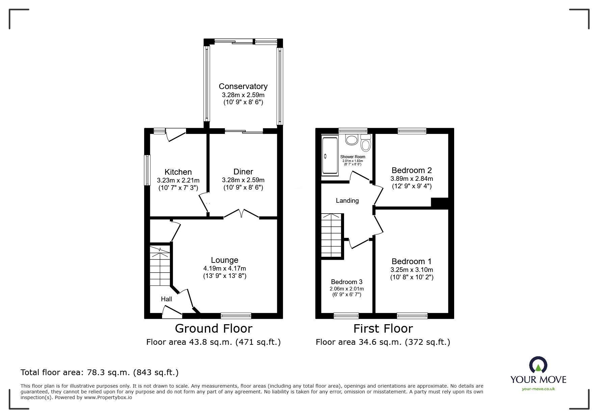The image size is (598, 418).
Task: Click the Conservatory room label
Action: pos(243,86)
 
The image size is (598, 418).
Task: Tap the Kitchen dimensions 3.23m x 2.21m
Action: pos(178,180)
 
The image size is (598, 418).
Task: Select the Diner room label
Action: pos(243,172)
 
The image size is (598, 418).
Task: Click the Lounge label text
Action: pos(225,260)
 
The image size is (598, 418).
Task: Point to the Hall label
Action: pos(166,299)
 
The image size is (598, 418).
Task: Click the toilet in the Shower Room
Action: pos(366,143)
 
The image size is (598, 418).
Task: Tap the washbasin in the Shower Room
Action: pos(352,140)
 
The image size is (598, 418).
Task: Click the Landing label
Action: pos(347,201)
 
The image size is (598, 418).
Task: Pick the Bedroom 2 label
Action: pos(411,170)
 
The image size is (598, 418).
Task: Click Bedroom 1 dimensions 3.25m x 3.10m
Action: pos(411,270)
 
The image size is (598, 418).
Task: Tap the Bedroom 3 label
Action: pos(346,282)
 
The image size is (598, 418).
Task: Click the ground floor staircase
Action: pos(160,266)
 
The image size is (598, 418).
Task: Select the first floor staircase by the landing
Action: pos(332,235)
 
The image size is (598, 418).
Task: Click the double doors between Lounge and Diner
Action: pos(241,214)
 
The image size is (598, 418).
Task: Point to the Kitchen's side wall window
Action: pos(147,170)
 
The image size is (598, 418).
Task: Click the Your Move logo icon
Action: pos(538,366)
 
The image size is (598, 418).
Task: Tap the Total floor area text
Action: pos(99,372)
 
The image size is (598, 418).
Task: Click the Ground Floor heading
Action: pos(213,328)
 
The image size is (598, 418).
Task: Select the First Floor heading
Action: pos(383,328)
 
